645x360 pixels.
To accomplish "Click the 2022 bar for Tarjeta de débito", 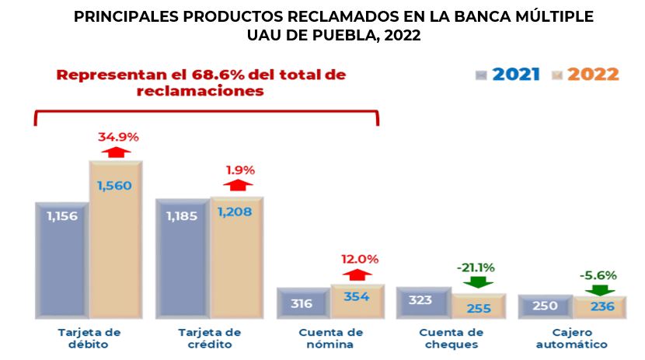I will (x=117, y=241).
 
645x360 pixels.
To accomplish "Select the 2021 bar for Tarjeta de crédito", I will (x=183, y=260).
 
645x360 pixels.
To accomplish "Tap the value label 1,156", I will (x=62, y=215).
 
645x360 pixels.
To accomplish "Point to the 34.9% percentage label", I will (x=118, y=137).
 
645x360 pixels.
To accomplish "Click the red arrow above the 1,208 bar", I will (x=238, y=185).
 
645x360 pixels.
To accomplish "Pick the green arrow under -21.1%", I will (x=479, y=282).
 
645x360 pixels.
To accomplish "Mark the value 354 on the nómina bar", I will (x=357, y=296).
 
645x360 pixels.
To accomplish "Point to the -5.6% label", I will (x=598, y=274).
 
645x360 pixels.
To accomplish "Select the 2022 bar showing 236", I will (x=601, y=306).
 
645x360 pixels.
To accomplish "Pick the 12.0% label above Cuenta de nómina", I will (x=359, y=259).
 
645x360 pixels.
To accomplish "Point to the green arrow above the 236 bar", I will (x=598, y=288).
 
